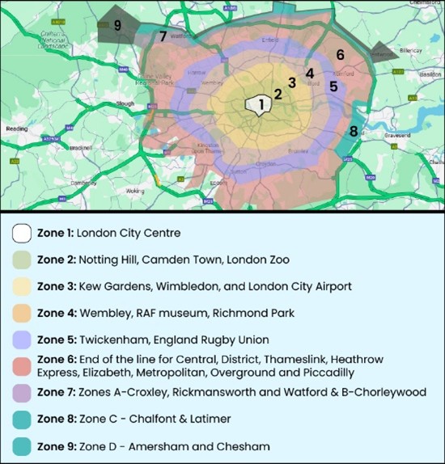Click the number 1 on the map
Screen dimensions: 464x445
pyautogui.click(x=261, y=103)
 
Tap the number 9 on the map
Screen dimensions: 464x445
pyautogui.click(x=117, y=26)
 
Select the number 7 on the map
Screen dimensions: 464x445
pyautogui.click(x=163, y=36)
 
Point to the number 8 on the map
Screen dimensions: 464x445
pyautogui.click(x=354, y=131)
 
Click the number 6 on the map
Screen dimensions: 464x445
pyautogui.click(x=341, y=54)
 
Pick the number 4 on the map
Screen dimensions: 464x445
pyautogui.click(x=309, y=73)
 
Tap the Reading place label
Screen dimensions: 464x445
pyautogui.click(x=16, y=129)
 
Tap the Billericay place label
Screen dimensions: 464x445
pyautogui.click(x=411, y=50)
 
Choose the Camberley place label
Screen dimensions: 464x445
pyautogui.click(x=83, y=183)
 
